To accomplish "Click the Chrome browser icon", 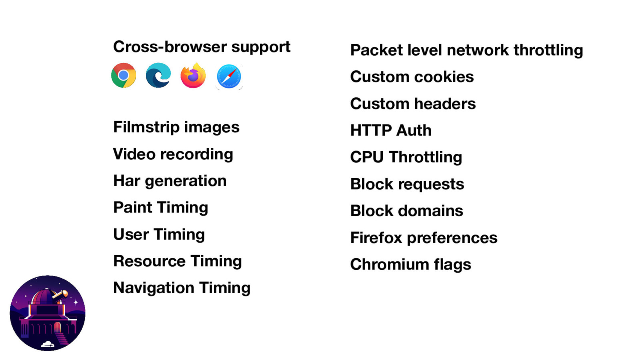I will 124,75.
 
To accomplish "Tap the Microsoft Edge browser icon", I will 158,75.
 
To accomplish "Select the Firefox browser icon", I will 193,75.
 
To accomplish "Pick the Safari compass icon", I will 229,76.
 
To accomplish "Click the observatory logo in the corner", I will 48,313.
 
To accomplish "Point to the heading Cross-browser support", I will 202,47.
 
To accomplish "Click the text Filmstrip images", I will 176,127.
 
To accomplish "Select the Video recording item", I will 173,154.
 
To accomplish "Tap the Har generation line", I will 170,181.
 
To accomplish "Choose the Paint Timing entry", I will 160,208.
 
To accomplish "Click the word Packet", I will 376,50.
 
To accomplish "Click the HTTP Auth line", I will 391,130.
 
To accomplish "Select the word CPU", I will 367,157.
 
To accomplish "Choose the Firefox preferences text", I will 424,238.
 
